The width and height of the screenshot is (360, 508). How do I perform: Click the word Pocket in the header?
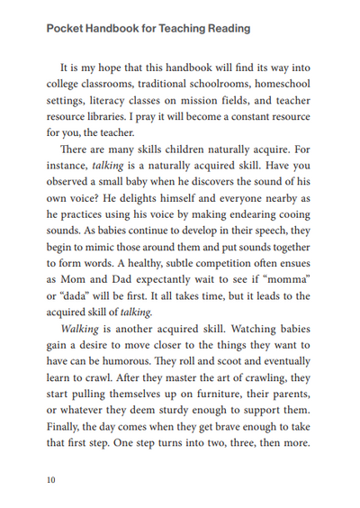[64, 29]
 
